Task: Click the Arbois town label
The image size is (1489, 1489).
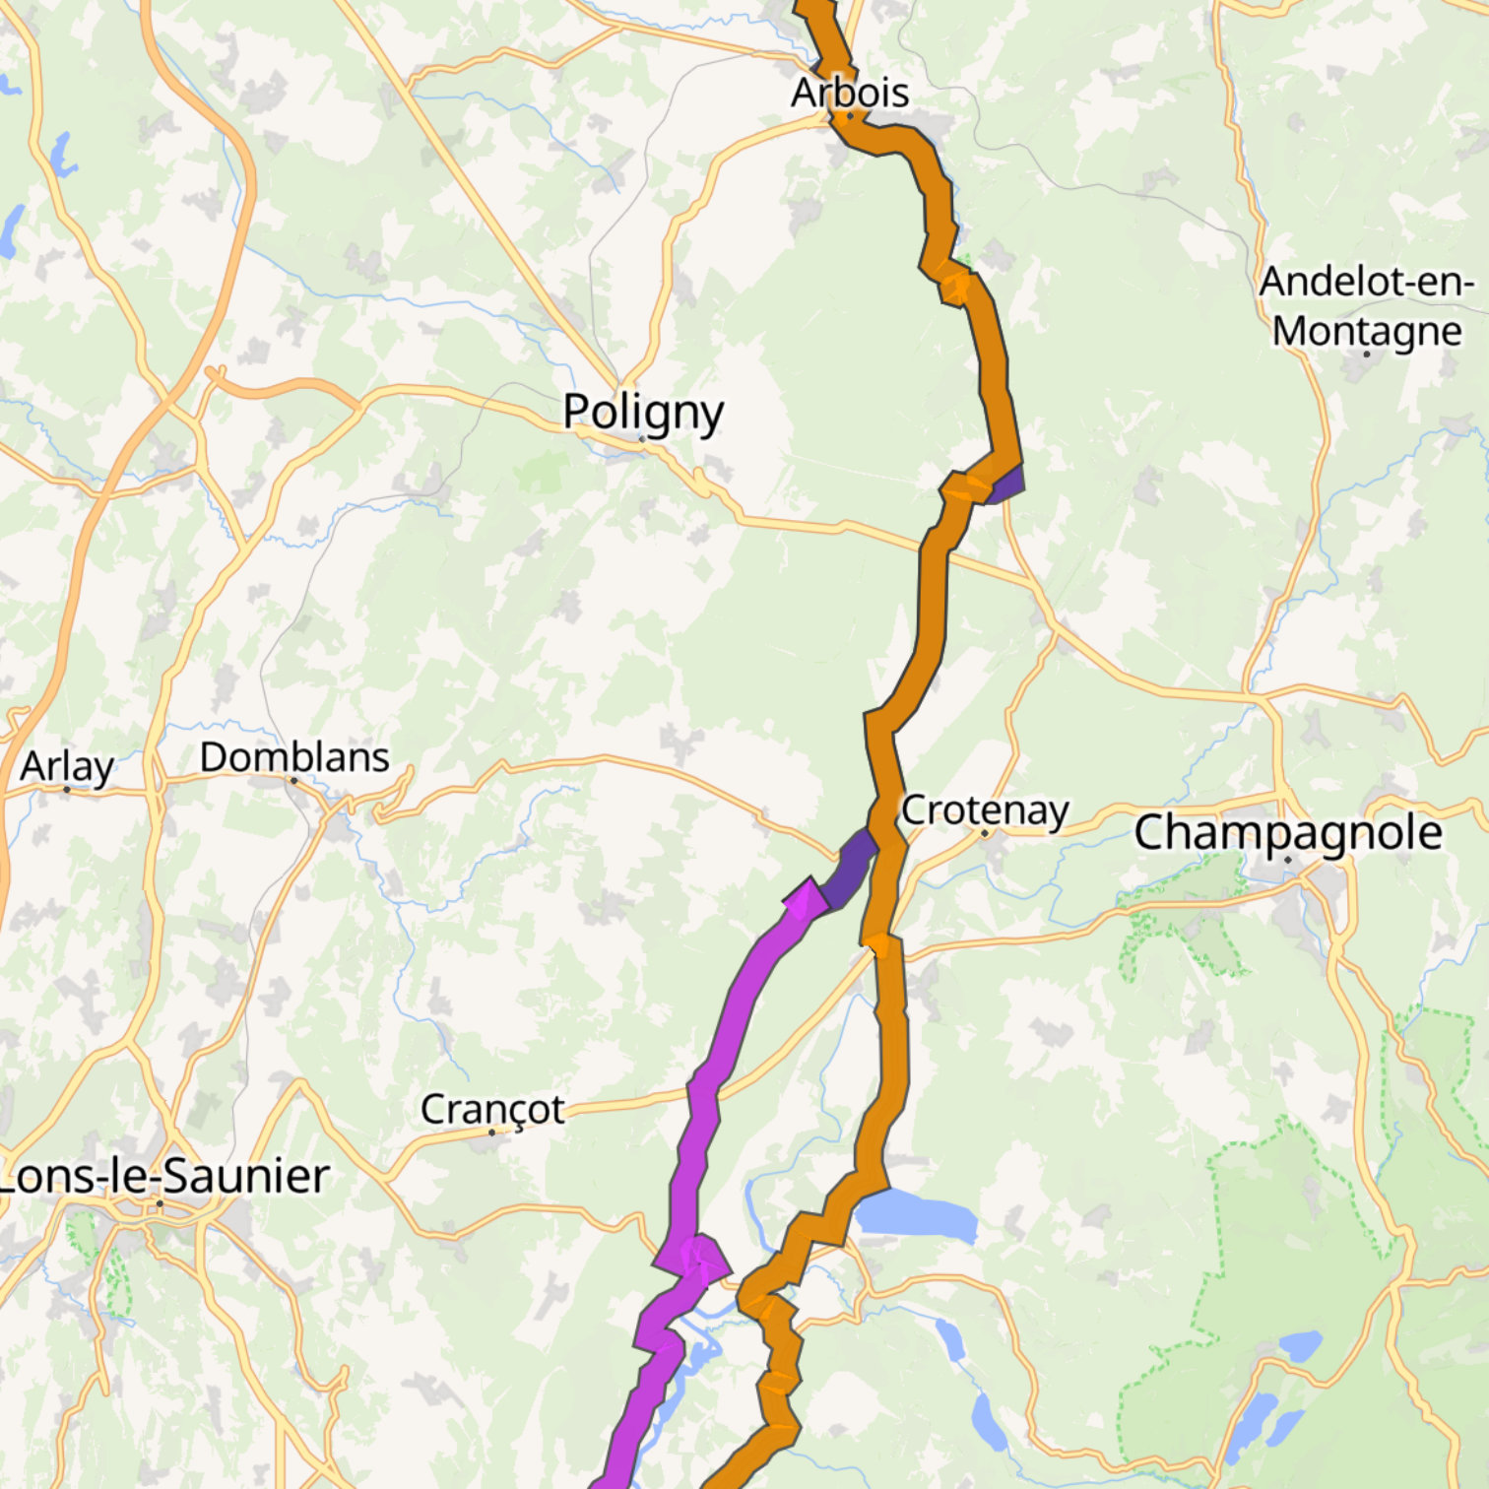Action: pos(850,93)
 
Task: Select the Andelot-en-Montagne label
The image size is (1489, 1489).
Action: pos(1366,306)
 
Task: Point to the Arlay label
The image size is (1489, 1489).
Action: pos(67,766)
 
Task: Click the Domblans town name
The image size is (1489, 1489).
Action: pos(294,757)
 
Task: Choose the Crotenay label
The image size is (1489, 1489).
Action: pos(985,810)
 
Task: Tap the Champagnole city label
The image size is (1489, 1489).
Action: pos(1288,833)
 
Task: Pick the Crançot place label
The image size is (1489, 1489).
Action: pos(492,1109)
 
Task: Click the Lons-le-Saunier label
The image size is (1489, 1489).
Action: pos(163,1176)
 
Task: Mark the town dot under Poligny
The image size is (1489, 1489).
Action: pos(642,439)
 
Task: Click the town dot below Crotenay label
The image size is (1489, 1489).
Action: pos(984,833)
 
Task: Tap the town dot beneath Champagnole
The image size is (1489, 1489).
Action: pos(1287,860)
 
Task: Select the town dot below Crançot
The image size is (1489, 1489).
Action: pos(492,1133)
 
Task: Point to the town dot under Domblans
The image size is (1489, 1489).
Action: pos(293,780)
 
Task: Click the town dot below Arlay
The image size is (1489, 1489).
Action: pos(67,789)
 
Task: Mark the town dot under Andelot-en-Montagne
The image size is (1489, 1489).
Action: pos(1367,354)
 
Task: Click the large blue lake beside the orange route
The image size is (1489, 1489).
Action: pos(916,1214)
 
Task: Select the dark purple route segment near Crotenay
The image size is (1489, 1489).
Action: pos(848,868)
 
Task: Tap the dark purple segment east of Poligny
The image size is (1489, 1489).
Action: pos(1007,485)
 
